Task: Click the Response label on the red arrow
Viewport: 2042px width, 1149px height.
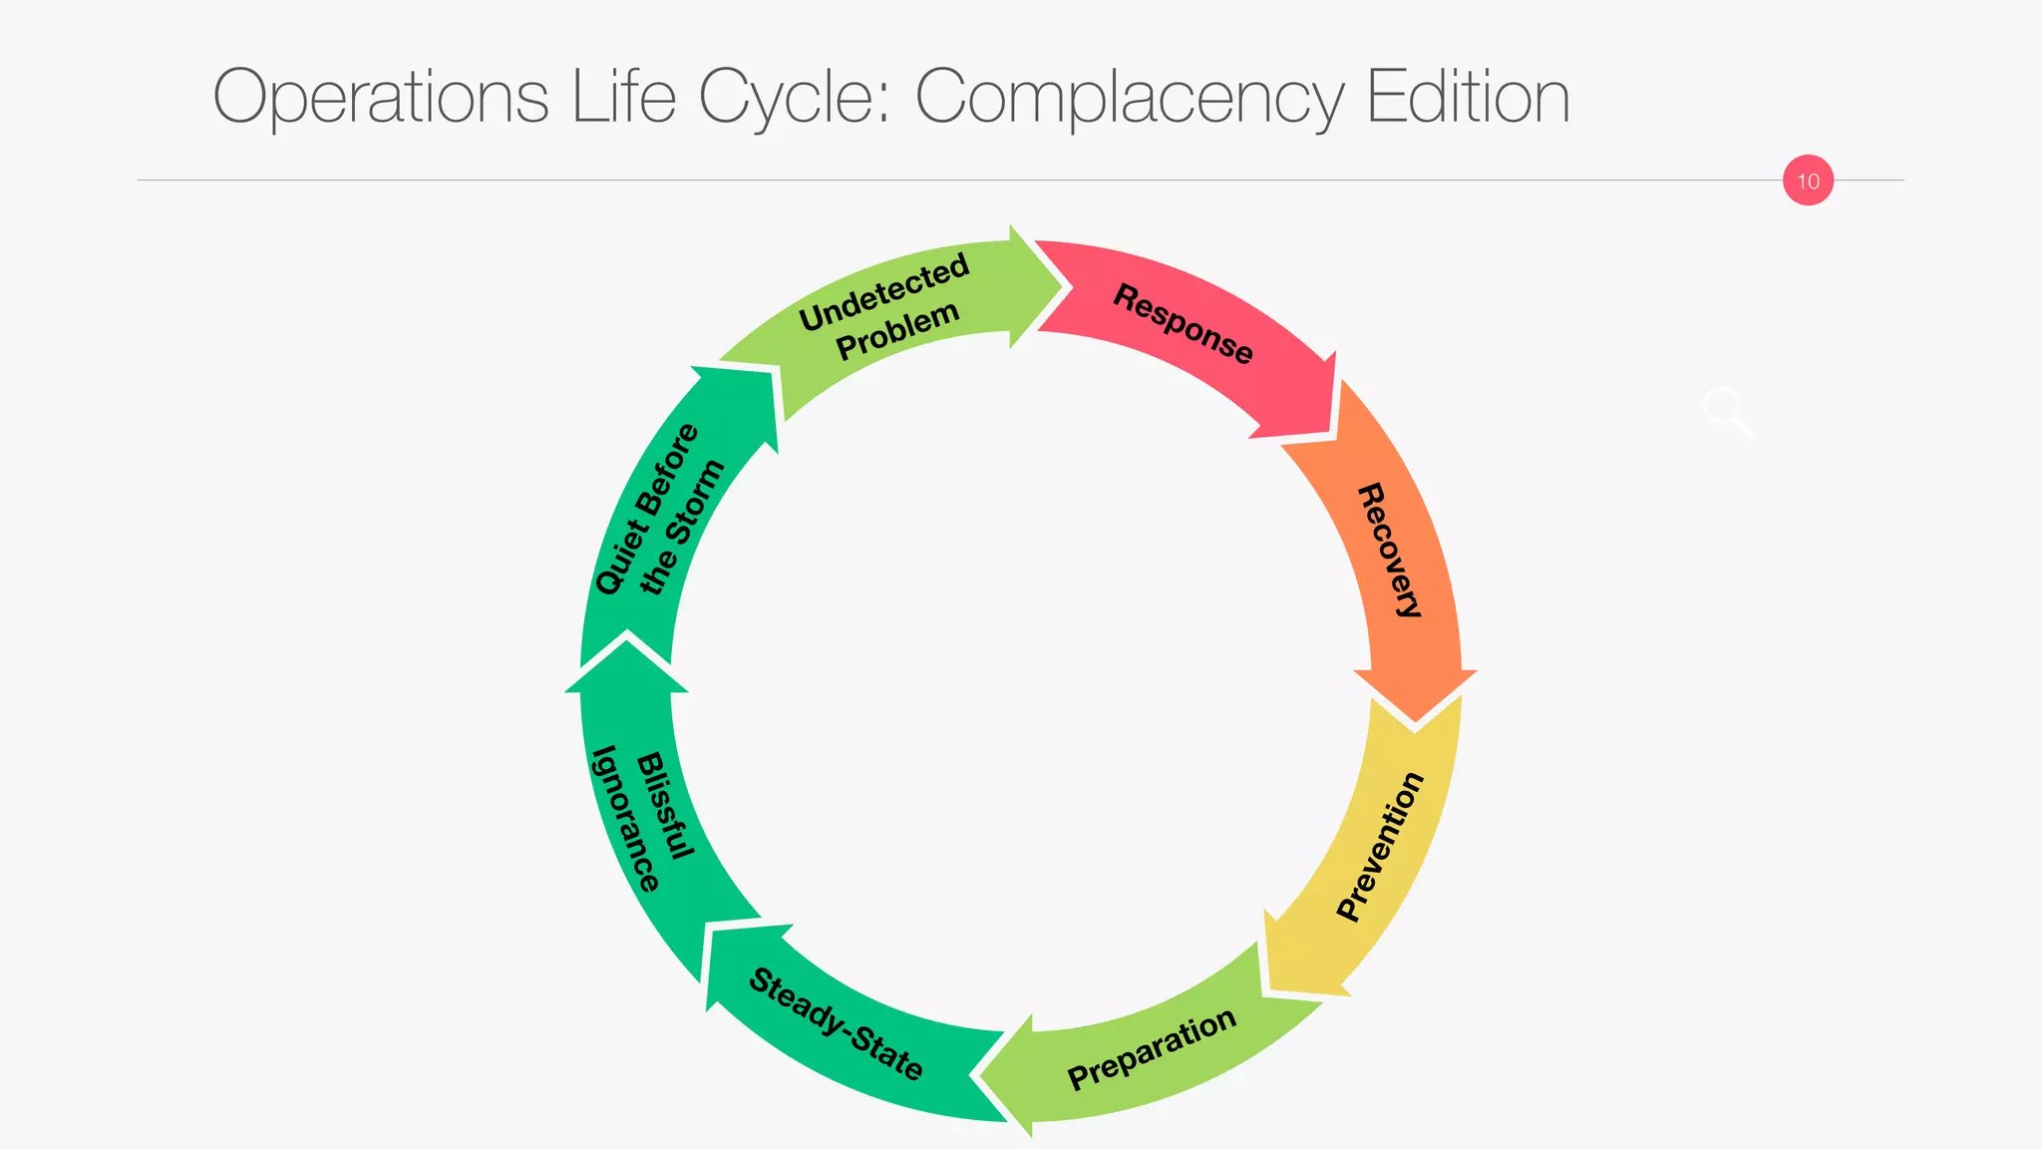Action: [x=1183, y=324]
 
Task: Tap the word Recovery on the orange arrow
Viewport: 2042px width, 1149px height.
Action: [x=1390, y=551]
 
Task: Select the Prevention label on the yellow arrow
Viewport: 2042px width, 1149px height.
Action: [x=1381, y=847]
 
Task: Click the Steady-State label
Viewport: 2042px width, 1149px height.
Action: [x=836, y=1024]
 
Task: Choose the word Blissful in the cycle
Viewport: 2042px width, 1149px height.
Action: [x=665, y=806]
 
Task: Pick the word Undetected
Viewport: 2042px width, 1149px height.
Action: [x=884, y=291]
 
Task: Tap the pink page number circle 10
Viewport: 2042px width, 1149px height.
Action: [x=1808, y=181]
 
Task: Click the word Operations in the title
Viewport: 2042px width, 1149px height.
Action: [x=381, y=98]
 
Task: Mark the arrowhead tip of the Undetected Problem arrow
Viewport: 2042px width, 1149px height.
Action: [x=1065, y=288]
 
